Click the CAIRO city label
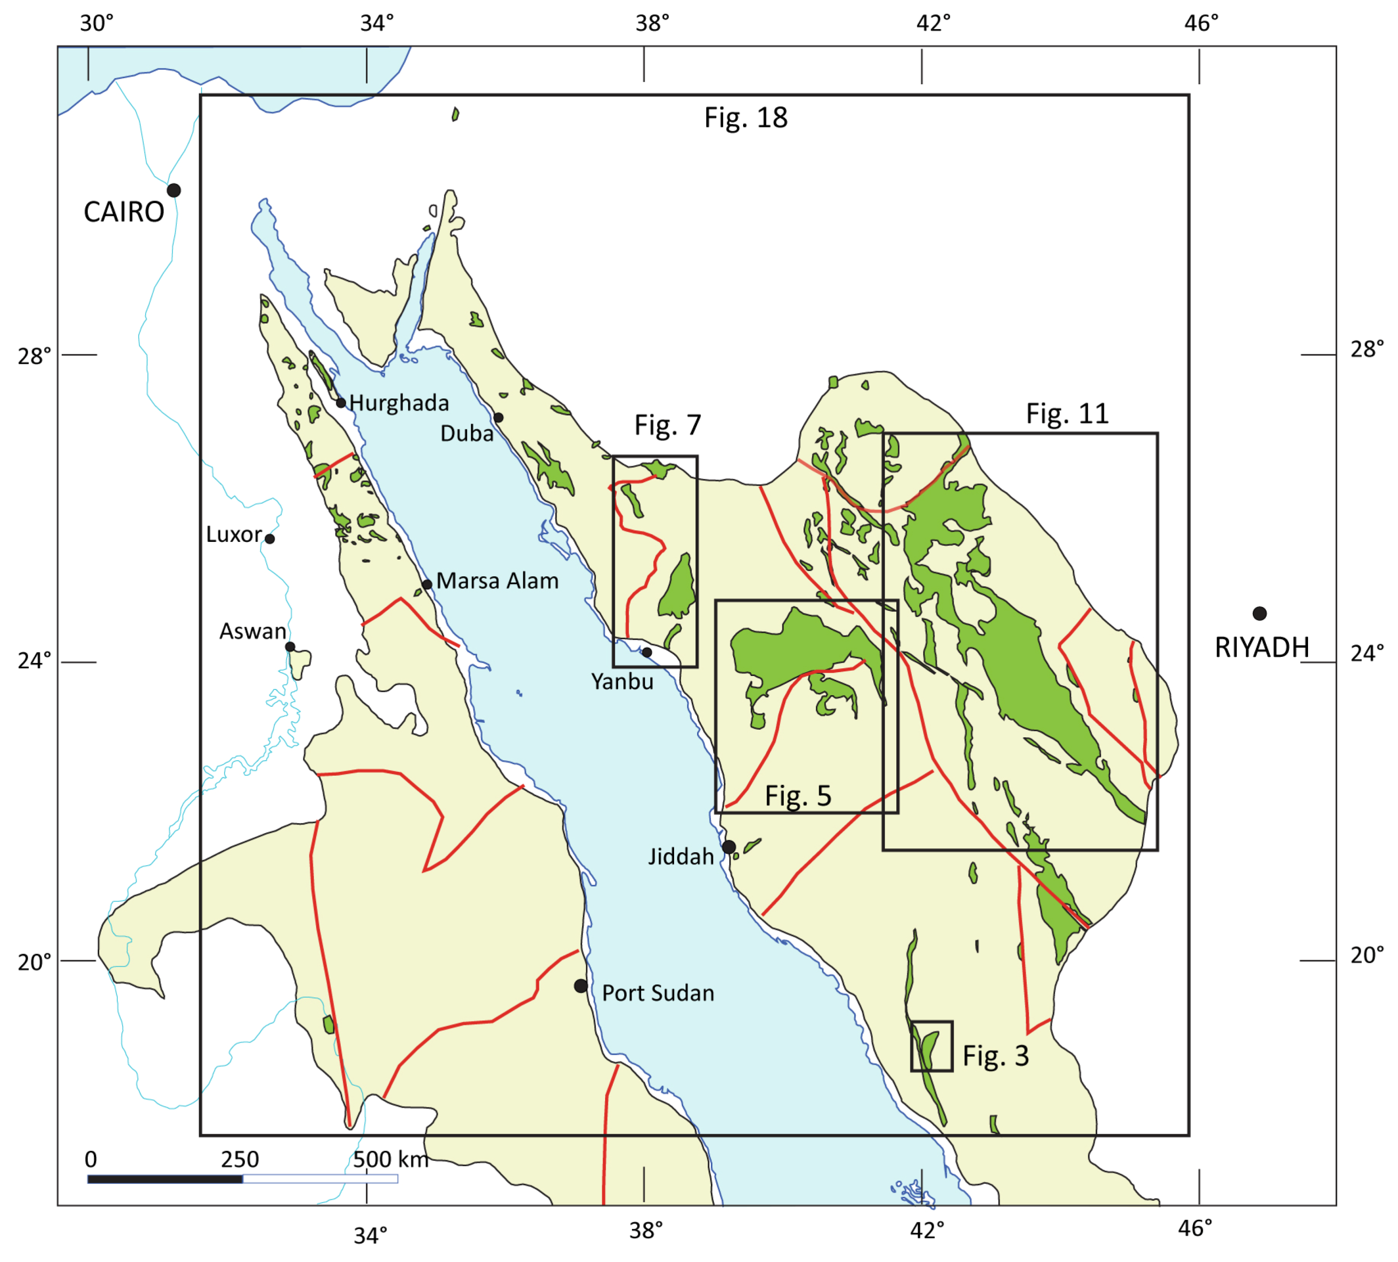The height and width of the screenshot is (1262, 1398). (124, 212)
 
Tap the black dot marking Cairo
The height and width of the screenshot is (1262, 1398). (174, 190)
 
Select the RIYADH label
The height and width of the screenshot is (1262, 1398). (1262, 648)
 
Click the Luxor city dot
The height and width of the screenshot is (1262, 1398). (270, 539)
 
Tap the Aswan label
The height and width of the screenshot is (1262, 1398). (252, 631)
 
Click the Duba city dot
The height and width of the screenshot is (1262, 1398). (498, 417)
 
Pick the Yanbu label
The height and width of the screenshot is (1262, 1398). (622, 682)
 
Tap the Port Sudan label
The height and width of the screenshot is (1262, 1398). (657, 993)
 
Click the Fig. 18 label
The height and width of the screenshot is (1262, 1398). (745, 118)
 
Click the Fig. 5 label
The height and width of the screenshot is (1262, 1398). (798, 796)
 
